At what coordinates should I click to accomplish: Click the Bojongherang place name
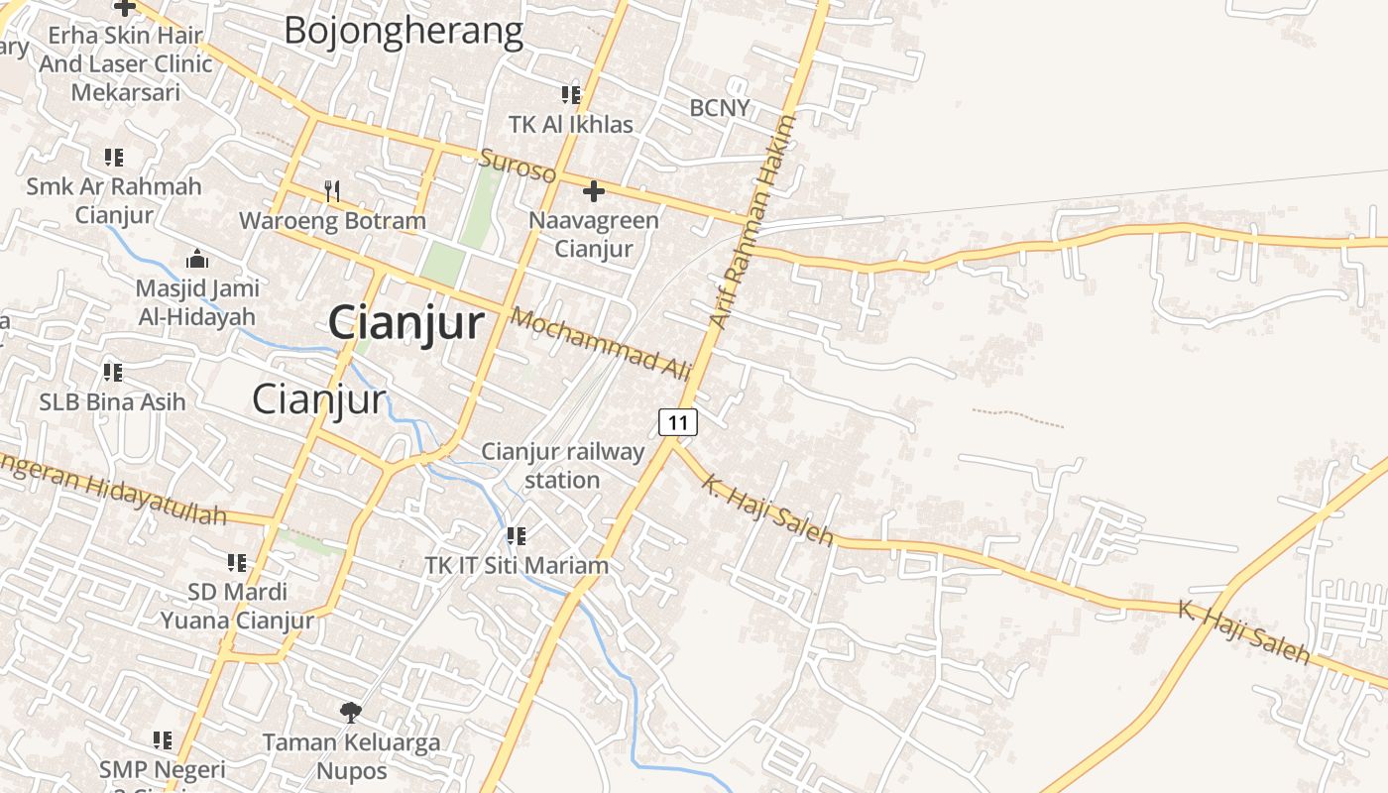pyautogui.click(x=403, y=31)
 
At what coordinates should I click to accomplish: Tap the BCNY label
pyautogui.click(x=720, y=107)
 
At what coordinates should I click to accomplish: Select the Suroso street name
pyautogui.click(x=518, y=166)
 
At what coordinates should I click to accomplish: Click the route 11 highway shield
pyautogui.click(x=678, y=422)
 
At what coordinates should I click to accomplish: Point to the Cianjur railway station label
pyautogui.click(x=562, y=465)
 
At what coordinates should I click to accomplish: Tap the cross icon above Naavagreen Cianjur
pyautogui.click(x=594, y=190)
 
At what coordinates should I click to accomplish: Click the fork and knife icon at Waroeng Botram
pyautogui.click(x=332, y=189)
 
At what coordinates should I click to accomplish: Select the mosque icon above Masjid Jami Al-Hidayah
pyautogui.click(x=196, y=259)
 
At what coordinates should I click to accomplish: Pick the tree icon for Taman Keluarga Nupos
pyautogui.click(x=350, y=711)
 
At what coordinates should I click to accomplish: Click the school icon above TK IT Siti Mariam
pyautogui.click(x=516, y=536)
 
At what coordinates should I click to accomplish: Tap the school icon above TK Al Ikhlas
pyautogui.click(x=570, y=95)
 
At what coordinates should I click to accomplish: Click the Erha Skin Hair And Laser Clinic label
pyautogui.click(x=126, y=63)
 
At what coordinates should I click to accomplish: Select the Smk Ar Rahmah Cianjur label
pyautogui.click(x=114, y=200)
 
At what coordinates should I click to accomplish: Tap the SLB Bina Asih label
pyautogui.click(x=112, y=402)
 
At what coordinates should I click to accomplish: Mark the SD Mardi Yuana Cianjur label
pyautogui.click(x=237, y=606)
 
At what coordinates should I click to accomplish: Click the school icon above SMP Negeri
pyautogui.click(x=163, y=739)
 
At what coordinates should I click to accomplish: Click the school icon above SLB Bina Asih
pyautogui.click(x=113, y=373)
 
